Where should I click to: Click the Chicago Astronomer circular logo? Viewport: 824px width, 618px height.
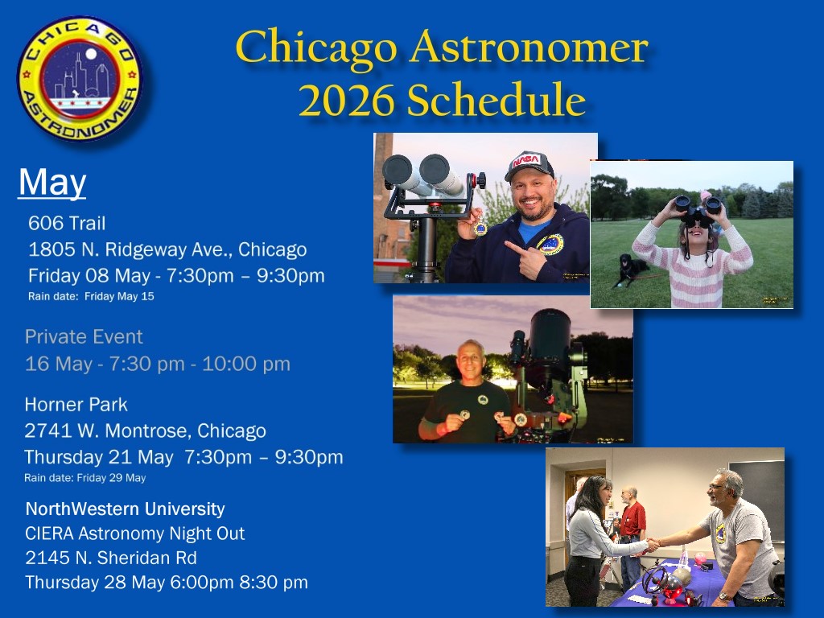(x=80, y=79)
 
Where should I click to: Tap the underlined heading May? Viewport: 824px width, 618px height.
(x=52, y=183)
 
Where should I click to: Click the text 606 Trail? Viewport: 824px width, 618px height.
(x=67, y=224)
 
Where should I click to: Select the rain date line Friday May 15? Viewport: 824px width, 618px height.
(x=91, y=296)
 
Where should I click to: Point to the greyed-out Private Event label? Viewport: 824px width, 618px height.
(x=84, y=337)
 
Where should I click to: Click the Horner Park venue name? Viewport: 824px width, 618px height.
(x=76, y=405)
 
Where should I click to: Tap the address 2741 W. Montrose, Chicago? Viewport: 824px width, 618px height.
(x=145, y=431)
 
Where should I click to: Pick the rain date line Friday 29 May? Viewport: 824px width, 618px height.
(x=85, y=478)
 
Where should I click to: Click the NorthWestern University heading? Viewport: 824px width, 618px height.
(x=125, y=509)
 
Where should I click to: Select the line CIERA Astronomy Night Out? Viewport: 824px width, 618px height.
(x=135, y=534)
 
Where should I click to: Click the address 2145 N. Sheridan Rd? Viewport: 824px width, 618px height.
(x=111, y=558)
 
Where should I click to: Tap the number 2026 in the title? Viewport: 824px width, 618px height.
(x=346, y=100)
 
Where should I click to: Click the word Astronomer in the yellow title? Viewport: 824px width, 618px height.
(x=529, y=47)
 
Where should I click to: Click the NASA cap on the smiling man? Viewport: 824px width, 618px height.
(x=529, y=166)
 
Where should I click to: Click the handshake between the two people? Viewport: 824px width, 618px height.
(x=653, y=544)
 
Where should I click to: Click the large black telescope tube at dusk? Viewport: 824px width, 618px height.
(x=550, y=341)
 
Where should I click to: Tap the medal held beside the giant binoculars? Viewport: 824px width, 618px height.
(x=480, y=227)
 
